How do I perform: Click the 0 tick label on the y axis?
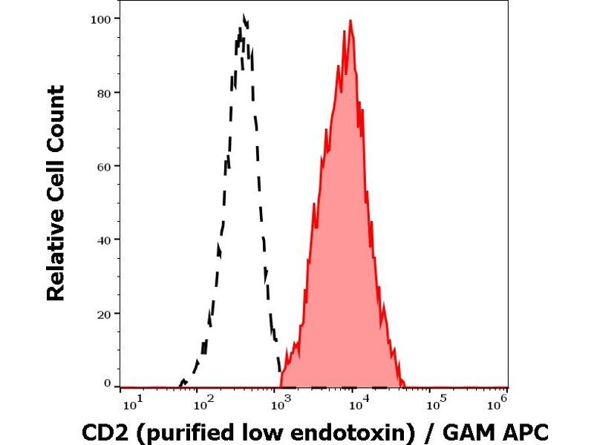click(x=108, y=383)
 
